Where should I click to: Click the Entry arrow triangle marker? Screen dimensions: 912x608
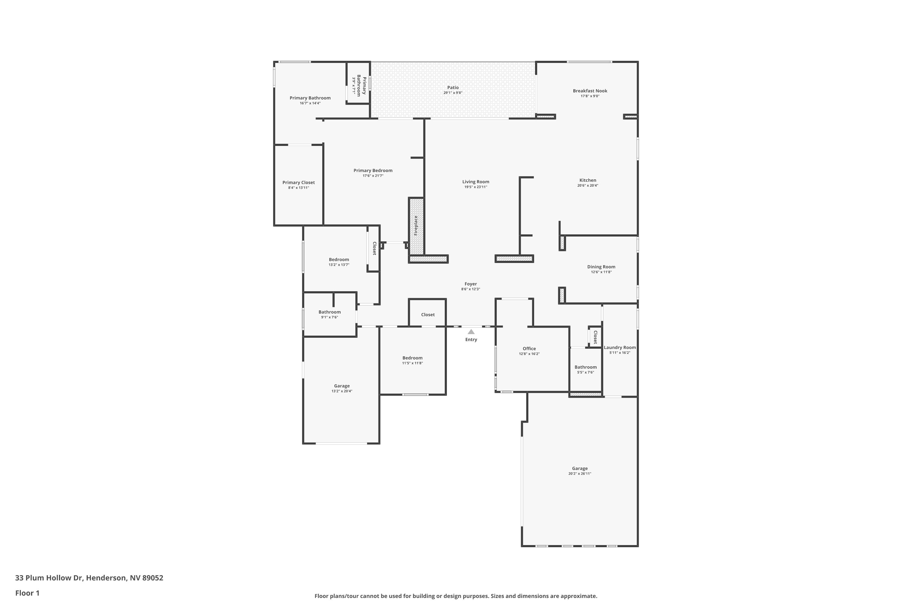point(471,332)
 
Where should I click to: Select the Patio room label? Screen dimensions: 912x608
point(453,88)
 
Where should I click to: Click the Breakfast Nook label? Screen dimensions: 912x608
point(590,91)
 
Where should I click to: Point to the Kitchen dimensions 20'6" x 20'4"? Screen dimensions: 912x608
point(588,185)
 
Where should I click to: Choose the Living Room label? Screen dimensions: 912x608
point(476,181)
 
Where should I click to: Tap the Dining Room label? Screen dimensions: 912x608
point(601,267)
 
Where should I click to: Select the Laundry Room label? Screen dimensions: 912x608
point(620,347)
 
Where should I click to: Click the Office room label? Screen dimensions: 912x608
point(529,349)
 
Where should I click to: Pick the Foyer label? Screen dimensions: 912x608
point(471,284)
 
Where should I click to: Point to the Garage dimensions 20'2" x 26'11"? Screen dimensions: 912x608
point(580,473)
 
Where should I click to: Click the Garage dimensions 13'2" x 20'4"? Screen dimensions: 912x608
point(342,391)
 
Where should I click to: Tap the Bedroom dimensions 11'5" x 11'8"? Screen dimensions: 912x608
point(412,363)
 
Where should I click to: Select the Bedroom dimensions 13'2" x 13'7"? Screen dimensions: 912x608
point(339,264)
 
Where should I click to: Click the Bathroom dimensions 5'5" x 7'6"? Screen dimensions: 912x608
point(586,372)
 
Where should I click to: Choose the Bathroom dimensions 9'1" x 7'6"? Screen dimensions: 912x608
point(330,317)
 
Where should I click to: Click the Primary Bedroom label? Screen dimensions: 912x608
point(373,170)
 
